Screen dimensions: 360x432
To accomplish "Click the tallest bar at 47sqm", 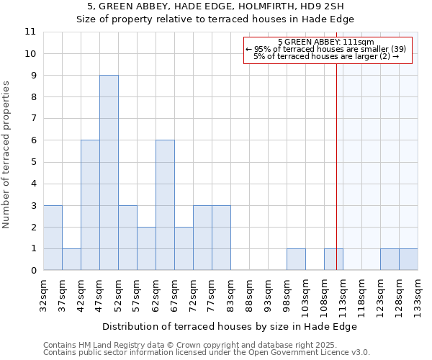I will pos(109,173).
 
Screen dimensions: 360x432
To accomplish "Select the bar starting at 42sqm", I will pos(90,205).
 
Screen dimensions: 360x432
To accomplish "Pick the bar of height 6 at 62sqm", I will pos(165,205).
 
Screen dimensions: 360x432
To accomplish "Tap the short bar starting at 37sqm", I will pos(71,259).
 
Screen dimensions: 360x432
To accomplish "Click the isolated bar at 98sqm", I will pos(296,259).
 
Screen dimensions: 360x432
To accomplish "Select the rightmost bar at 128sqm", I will pos(408,259).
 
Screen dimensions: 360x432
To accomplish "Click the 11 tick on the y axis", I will pos(30,32).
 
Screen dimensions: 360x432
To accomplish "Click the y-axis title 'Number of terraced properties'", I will pos(7,154).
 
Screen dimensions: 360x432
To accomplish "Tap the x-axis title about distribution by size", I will pos(230,326).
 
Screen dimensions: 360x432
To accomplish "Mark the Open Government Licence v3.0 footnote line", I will pos(207,353).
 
